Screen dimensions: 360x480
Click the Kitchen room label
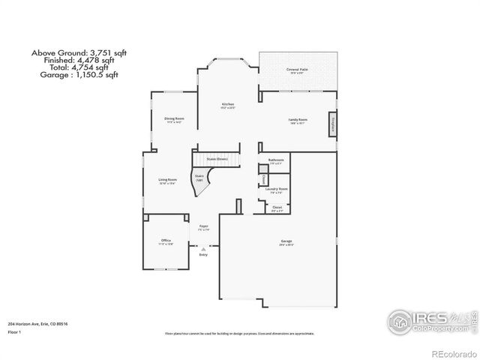227,104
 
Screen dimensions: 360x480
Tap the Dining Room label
175,118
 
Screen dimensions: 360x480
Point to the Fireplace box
331,125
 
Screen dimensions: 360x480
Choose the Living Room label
167,180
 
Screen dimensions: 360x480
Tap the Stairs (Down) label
217,160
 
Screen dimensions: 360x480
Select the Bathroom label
277,160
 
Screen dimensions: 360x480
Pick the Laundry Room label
277,189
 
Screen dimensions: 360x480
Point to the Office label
166,241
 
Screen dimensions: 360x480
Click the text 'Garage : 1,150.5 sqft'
74,75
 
